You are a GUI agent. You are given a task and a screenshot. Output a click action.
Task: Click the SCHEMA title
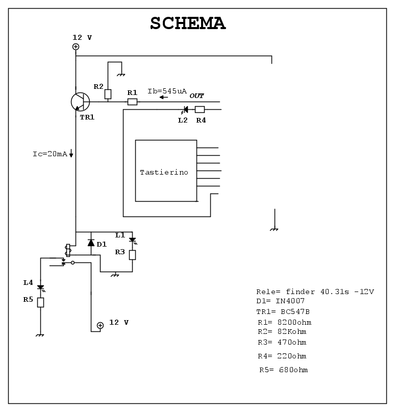pyautogui.click(x=188, y=23)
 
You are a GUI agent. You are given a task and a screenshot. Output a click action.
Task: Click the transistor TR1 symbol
pyautogui.click(x=80, y=102)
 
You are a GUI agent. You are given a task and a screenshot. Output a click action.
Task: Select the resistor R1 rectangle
pyautogui.click(x=132, y=102)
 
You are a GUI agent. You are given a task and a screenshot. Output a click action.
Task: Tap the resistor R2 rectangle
pyautogui.click(x=108, y=94)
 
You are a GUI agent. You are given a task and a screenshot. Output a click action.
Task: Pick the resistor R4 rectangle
pyautogui.click(x=200, y=109)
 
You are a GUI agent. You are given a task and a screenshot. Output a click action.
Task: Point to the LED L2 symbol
pyautogui.click(x=185, y=109)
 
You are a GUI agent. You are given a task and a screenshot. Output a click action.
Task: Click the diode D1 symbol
pyautogui.click(x=91, y=243)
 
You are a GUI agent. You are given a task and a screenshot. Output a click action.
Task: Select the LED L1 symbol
pyautogui.click(x=132, y=239)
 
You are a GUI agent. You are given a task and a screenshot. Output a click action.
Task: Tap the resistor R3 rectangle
pyautogui.click(x=132, y=254)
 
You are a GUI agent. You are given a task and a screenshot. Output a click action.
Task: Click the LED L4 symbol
pyautogui.click(x=40, y=288)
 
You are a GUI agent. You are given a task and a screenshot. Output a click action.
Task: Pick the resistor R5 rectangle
pyautogui.click(x=40, y=302)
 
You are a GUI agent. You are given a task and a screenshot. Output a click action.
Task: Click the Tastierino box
pyautogui.click(x=166, y=171)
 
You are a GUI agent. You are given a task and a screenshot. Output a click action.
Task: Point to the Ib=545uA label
pyautogui.click(x=167, y=91)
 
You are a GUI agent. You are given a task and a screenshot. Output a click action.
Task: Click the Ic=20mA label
pyautogui.click(x=46, y=154)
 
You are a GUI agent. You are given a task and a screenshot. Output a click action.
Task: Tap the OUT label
pyautogui.click(x=197, y=95)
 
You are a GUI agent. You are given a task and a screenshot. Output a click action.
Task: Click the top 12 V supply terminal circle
pyautogui.click(x=76, y=47)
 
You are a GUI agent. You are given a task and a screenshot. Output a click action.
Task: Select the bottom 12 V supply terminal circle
pyautogui.click(x=100, y=325)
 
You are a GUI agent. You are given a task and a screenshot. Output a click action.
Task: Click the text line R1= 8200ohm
pyautogui.click(x=284, y=322)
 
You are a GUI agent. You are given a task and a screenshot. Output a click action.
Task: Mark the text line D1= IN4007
pyautogui.click(x=281, y=301)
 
